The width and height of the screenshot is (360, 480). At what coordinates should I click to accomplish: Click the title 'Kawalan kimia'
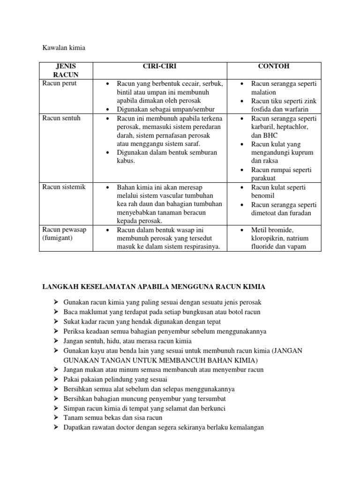click(x=62, y=47)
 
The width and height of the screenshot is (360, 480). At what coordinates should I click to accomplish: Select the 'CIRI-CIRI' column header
click(x=160, y=66)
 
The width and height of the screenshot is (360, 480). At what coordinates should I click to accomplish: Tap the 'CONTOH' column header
click(x=274, y=66)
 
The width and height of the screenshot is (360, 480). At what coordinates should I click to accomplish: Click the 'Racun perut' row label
click(x=59, y=83)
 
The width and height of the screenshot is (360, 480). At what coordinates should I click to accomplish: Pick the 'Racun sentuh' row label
click(x=61, y=118)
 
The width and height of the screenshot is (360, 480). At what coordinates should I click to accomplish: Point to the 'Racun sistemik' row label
click(x=64, y=187)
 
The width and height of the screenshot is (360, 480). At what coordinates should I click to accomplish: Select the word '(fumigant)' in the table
click(x=59, y=239)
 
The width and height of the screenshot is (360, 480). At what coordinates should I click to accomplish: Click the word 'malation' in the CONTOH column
click(x=264, y=92)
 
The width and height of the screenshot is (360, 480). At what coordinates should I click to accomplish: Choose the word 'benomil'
click(x=264, y=196)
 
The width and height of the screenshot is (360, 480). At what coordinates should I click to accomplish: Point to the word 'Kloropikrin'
click(x=269, y=239)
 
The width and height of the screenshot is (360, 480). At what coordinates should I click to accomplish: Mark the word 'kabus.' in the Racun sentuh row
click(x=126, y=161)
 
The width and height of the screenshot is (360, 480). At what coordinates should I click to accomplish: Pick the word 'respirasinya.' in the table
click(x=199, y=247)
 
